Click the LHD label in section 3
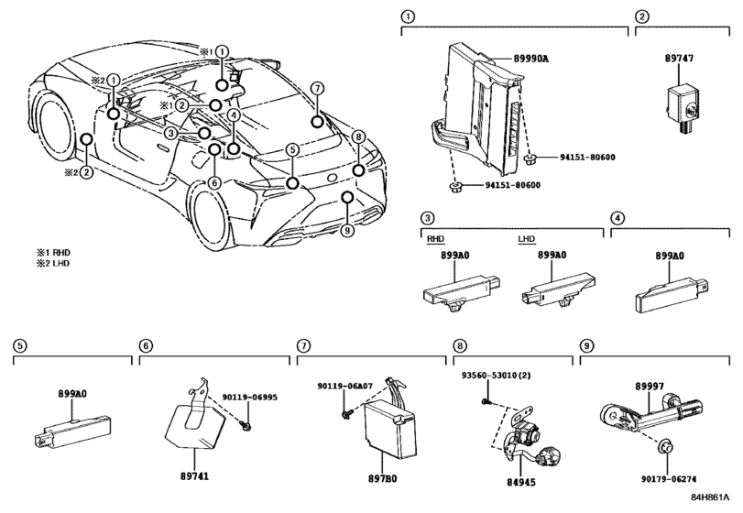click(x=527, y=239)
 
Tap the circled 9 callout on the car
click(x=347, y=230)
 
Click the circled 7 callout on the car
click(x=317, y=88)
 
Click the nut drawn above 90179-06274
click(x=666, y=446)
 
